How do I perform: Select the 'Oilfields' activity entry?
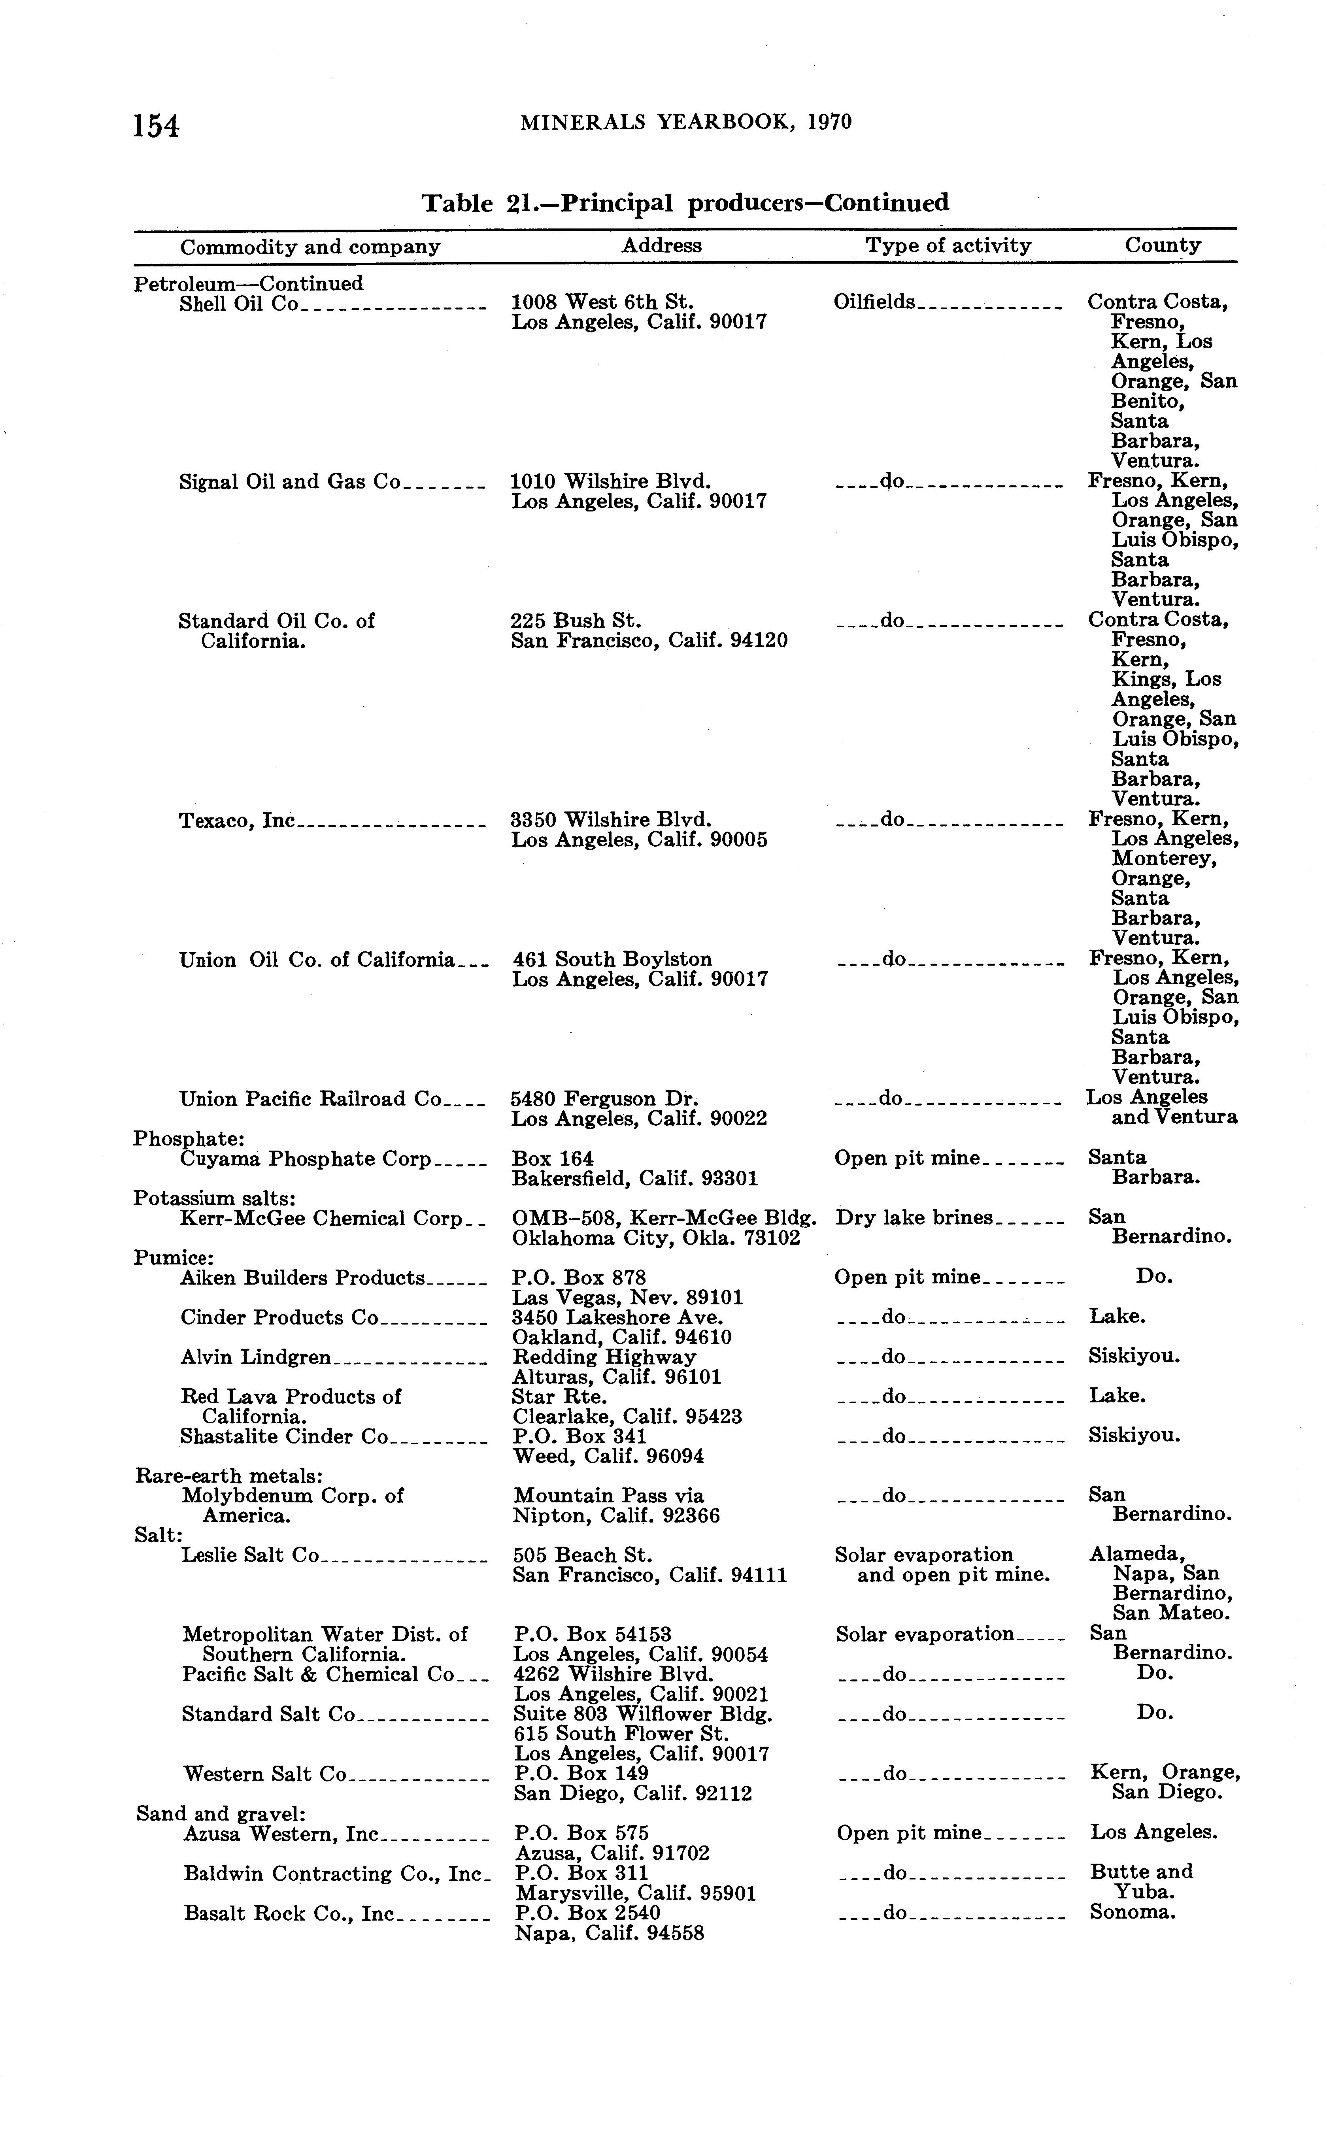873,302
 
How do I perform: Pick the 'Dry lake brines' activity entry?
914,1217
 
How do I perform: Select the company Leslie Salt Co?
250,1555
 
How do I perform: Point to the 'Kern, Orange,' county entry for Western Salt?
1165,1772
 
